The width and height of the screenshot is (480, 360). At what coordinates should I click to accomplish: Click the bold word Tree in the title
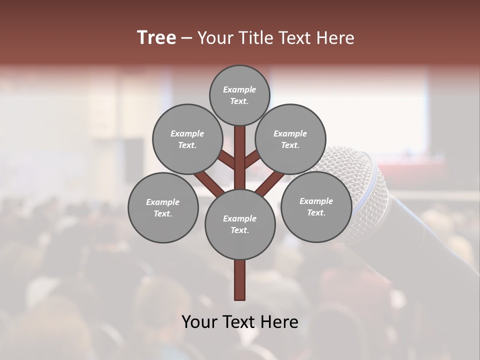tap(156, 38)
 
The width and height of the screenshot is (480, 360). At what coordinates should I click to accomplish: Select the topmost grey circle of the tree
tap(239, 95)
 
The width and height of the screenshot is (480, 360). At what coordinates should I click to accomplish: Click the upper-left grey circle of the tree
tap(187, 139)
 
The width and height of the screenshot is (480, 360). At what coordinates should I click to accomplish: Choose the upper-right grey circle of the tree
tap(290, 139)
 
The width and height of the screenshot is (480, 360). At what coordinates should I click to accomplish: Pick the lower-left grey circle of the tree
tap(163, 207)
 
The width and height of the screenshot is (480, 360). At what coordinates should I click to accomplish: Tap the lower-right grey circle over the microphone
tap(316, 206)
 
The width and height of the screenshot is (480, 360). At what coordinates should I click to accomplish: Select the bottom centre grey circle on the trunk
tap(240, 224)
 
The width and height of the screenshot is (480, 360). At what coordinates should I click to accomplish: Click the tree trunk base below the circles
tap(240, 280)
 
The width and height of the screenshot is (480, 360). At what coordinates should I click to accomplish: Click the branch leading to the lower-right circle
tap(270, 182)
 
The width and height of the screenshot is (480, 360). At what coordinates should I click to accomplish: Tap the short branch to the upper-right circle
tap(251, 159)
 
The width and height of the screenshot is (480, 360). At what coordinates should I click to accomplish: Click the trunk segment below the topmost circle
tap(240, 150)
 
